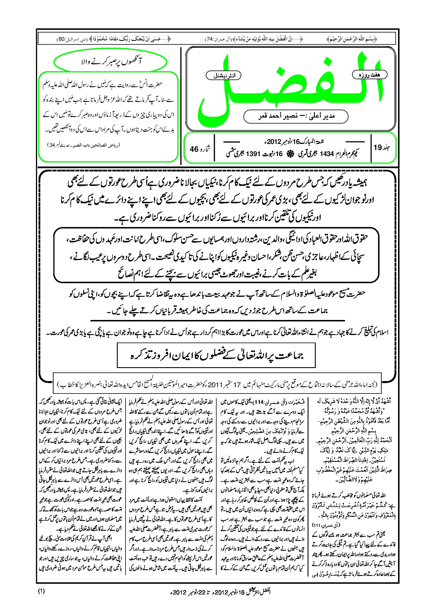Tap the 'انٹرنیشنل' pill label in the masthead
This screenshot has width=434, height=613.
pyautogui.click(x=223, y=76)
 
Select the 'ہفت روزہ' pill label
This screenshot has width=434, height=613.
pyautogui.click(x=370, y=75)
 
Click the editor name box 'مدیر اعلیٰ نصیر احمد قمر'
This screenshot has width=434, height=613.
pyautogui.click(x=296, y=116)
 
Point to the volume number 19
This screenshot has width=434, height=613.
pyautogui.click(x=378, y=147)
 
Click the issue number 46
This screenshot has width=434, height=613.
pyautogui.click(x=194, y=149)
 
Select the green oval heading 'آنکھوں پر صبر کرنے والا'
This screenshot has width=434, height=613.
pyautogui.click(x=110, y=61)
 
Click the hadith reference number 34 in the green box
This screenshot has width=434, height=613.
pyautogui.click(x=52, y=145)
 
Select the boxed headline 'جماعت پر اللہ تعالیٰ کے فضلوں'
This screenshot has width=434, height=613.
pyautogui.click(x=216, y=355)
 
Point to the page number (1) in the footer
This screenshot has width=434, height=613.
pyautogui.click(x=41, y=591)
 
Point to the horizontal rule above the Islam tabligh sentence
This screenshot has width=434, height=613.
pyautogui.click(x=217, y=321)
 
